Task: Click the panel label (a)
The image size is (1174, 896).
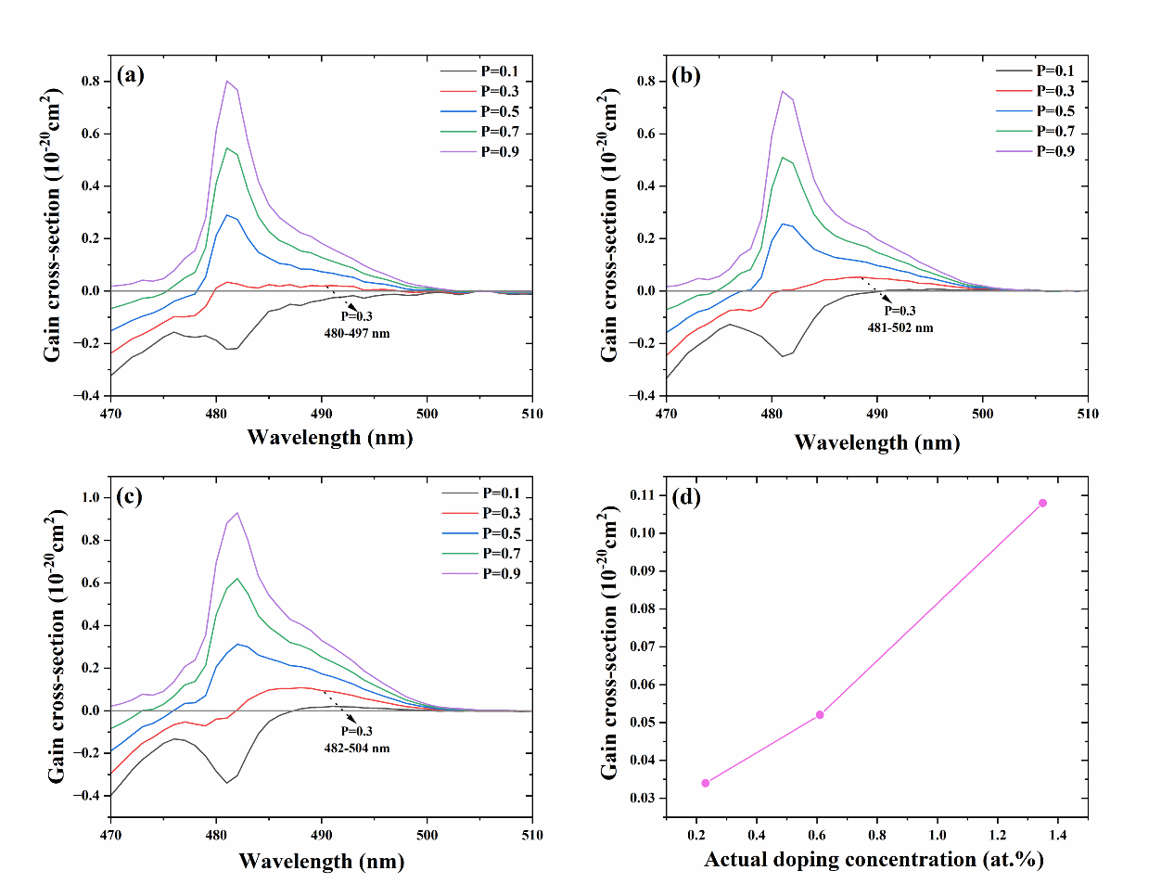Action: [131, 76]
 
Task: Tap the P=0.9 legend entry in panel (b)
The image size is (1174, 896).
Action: [1055, 151]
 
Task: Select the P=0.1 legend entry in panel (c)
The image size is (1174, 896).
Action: [501, 493]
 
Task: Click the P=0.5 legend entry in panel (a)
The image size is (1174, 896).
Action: [499, 111]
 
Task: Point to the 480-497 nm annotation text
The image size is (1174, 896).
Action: [357, 333]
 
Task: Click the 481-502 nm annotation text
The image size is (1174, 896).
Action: [900, 327]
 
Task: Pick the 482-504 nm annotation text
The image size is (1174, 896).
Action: [357, 748]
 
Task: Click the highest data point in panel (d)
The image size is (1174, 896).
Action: [1042, 503]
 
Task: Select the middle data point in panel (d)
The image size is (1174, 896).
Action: [820, 714]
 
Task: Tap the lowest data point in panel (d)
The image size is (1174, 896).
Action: [706, 783]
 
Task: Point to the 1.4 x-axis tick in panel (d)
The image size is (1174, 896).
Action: [1058, 835]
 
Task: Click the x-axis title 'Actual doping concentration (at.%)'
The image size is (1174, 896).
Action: [874, 860]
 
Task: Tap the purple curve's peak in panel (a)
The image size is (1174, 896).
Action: [226, 81]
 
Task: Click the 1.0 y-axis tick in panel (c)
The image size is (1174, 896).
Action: [90, 497]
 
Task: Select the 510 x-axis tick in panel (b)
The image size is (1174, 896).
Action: [1087, 414]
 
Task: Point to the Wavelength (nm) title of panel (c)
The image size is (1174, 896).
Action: [321, 862]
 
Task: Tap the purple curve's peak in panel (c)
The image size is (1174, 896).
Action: [237, 513]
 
